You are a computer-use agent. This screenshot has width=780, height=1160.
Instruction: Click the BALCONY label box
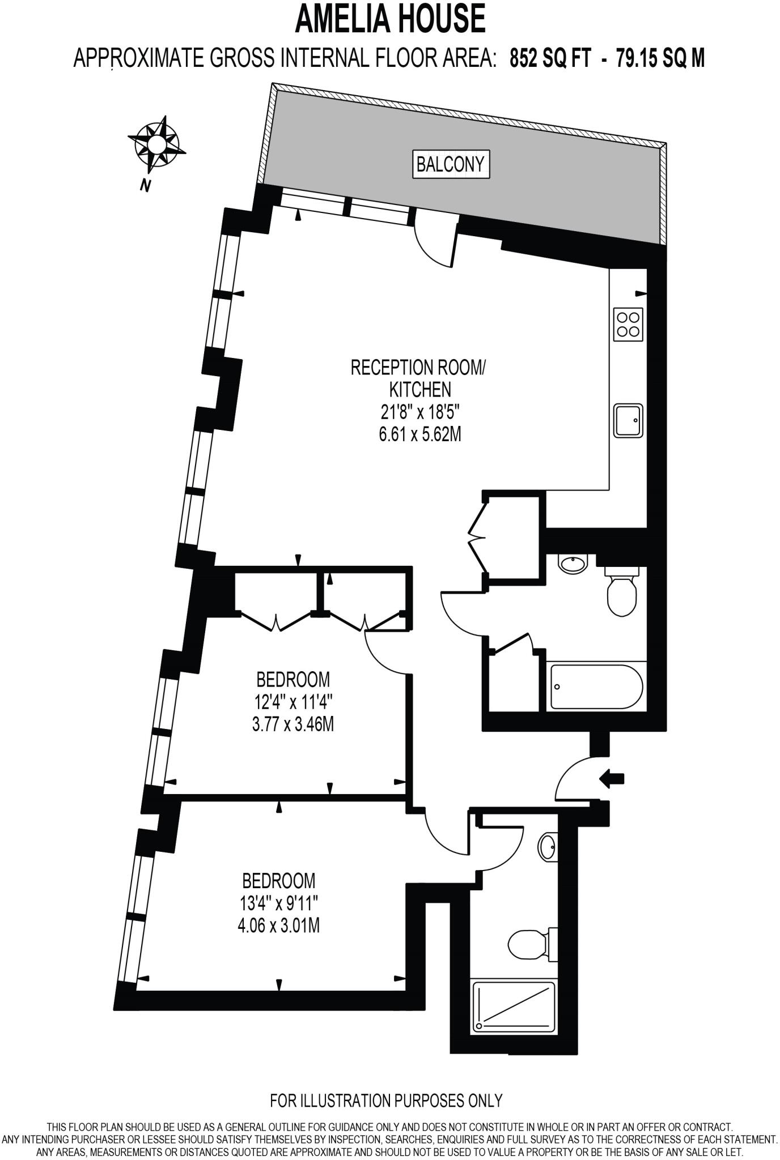(x=451, y=164)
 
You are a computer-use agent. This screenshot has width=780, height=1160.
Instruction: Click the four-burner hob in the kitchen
(x=628, y=325)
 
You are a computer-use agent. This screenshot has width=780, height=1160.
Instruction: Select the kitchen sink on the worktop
(x=628, y=420)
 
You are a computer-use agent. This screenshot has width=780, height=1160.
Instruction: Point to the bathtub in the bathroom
(x=596, y=686)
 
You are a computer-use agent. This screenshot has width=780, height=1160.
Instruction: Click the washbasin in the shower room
(x=548, y=848)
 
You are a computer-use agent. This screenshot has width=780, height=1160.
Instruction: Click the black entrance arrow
(x=611, y=779)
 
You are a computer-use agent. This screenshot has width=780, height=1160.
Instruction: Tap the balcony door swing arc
(x=434, y=246)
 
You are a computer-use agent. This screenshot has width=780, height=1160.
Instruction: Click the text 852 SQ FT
(x=550, y=58)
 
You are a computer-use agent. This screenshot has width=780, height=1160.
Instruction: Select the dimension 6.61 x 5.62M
(x=419, y=434)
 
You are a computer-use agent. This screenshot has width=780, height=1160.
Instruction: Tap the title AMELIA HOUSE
(x=390, y=18)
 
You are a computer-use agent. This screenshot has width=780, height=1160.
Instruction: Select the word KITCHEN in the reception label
(x=419, y=390)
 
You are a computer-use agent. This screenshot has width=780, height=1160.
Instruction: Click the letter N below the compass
(x=146, y=185)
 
